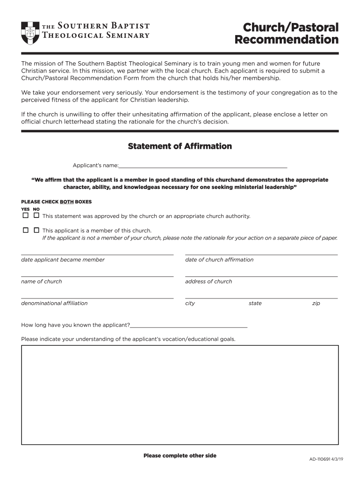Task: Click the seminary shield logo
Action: tap(31, 33)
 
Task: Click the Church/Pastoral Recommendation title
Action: tap(286, 33)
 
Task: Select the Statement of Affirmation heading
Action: tap(180, 146)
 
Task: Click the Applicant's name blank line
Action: tap(203, 165)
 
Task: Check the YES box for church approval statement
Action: tap(25, 216)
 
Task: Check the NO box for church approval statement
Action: tap(36, 216)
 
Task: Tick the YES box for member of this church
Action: tap(25, 230)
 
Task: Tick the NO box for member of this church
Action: tap(36, 230)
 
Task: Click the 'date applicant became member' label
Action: tap(63, 260)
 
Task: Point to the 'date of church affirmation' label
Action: tap(219, 260)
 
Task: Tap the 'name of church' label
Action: tap(41, 282)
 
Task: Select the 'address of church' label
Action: tap(209, 282)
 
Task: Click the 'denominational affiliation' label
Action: tap(54, 303)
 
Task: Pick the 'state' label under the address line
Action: tap(255, 303)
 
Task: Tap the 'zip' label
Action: tap(316, 303)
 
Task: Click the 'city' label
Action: tap(190, 303)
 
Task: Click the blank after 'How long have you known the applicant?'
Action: tap(189, 325)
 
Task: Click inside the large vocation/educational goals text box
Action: tap(180, 395)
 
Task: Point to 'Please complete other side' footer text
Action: tap(180, 456)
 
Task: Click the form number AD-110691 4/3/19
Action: tap(326, 459)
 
